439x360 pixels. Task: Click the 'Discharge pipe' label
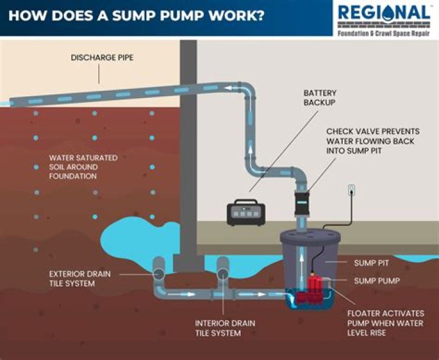coord(101,58)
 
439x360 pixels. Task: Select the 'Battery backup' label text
coord(320,98)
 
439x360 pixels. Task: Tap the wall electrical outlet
coord(351,191)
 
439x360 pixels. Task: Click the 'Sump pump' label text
coord(377,281)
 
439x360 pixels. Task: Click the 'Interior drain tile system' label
coord(225,328)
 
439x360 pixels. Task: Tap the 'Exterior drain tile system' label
coord(80,278)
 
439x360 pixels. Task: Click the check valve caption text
coord(369,140)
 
